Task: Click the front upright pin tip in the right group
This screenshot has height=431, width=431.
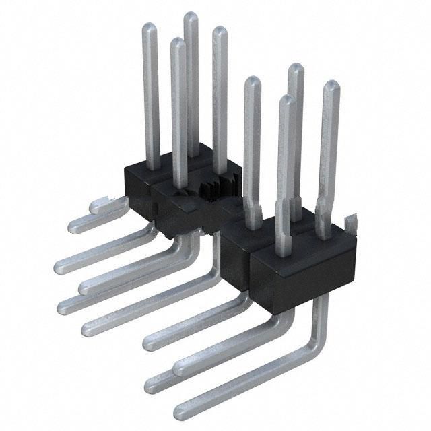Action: click(287, 100)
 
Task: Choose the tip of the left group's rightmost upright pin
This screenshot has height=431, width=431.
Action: click(219, 31)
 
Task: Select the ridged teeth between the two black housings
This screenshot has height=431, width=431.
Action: click(214, 188)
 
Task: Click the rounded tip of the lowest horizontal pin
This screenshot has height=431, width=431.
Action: click(180, 409)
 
